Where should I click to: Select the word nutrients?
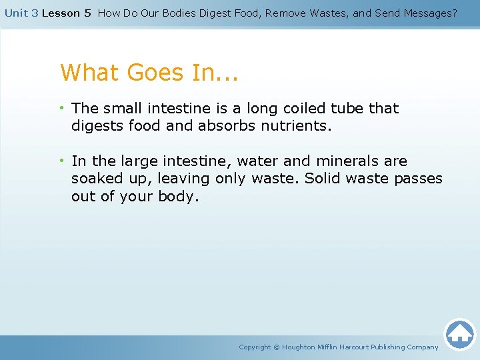coord(296,126)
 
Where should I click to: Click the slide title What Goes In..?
coord(149,72)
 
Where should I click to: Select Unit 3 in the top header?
coord(21,13)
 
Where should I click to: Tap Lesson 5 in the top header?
coord(67,13)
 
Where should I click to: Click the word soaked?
coord(95,179)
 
